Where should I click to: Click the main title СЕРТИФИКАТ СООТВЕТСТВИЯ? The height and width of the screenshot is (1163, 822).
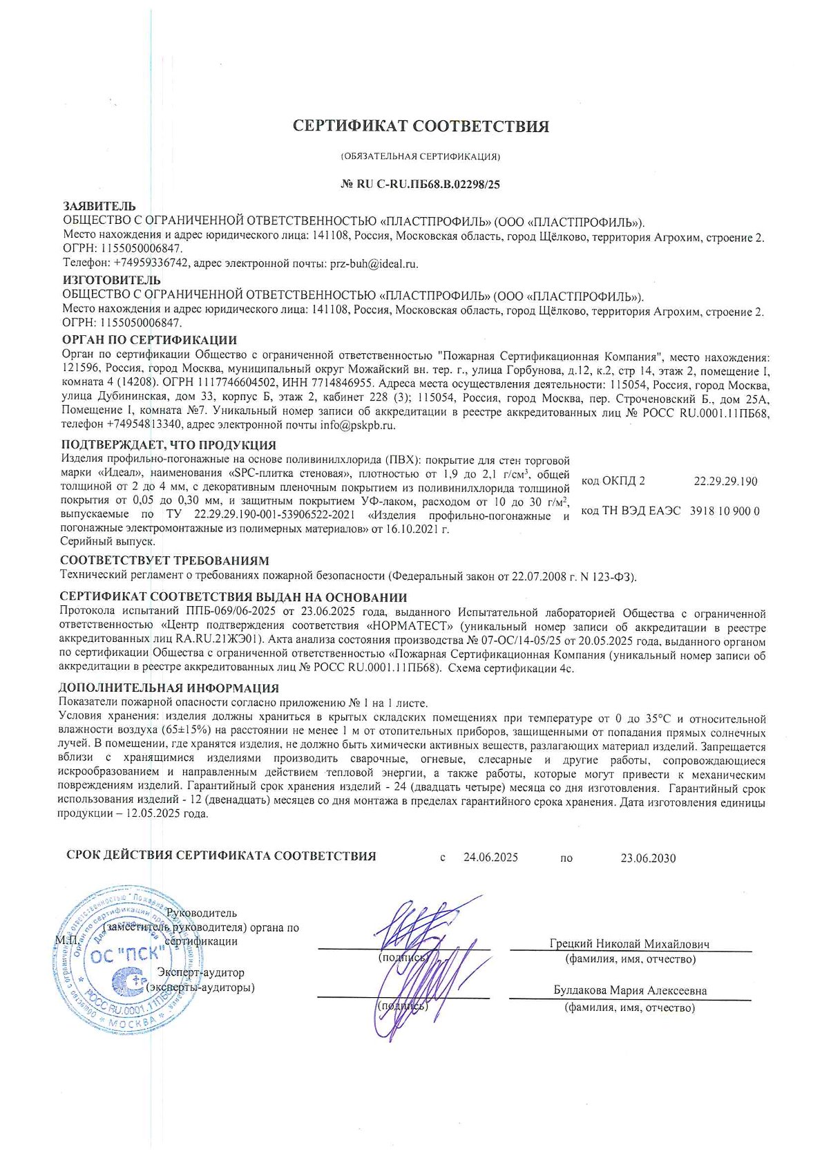click(x=421, y=126)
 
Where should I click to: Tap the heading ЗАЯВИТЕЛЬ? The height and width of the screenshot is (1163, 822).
click(x=99, y=206)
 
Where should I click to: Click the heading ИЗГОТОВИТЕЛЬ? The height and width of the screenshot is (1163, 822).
click(x=111, y=280)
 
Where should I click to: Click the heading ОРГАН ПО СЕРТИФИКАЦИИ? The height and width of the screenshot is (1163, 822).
click(x=149, y=340)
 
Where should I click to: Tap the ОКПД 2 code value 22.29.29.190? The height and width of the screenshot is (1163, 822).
click(x=725, y=481)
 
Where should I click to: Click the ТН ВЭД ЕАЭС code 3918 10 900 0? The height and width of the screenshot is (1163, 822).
click(x=725, y=511)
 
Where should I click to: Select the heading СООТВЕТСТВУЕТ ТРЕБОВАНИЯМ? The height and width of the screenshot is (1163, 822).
click(x=164, y=560)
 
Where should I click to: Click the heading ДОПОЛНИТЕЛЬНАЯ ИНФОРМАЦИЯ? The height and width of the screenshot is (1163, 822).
click(x=169, y=688)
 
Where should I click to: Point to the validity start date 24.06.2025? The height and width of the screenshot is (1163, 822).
click(x=490, y=858)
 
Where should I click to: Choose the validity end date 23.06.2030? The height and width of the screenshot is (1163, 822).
click(x=648, y=858)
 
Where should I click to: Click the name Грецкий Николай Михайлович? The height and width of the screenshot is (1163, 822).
click(x=629, y=944)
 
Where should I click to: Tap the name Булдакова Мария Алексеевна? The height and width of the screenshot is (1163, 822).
click(x=630, y=991)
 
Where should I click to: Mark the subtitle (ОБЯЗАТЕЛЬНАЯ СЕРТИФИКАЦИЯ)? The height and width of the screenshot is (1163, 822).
click(x=421, y=157)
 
